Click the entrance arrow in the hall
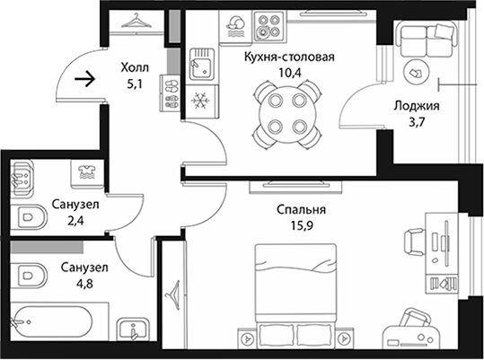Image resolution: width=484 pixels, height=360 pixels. click(84, 79)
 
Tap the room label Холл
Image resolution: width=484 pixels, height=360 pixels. click(135, 67)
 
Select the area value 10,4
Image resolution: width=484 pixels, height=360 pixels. click(290, 73)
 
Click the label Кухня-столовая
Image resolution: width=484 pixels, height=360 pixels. click(289, 57)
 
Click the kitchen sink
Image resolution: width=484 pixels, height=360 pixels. click(201, 64)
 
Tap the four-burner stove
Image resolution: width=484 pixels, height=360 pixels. click(268, 26)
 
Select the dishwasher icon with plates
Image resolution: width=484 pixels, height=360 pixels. click(236, 27)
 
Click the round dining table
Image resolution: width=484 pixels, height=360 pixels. click(287, 113)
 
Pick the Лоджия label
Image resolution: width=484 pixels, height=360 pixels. click(417, 106)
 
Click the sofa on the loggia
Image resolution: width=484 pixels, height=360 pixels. click(427, 39)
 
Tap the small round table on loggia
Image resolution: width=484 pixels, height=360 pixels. click(417, 73)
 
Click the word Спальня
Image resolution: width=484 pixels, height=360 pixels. click(301, 210)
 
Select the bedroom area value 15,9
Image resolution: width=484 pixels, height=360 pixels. click(302, 226)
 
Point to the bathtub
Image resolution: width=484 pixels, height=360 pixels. click(51, 321)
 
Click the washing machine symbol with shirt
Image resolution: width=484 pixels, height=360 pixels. click(87, 172)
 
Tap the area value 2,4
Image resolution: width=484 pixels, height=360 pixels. click(75, 221)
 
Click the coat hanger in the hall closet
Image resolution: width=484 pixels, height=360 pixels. click(136, 21)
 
